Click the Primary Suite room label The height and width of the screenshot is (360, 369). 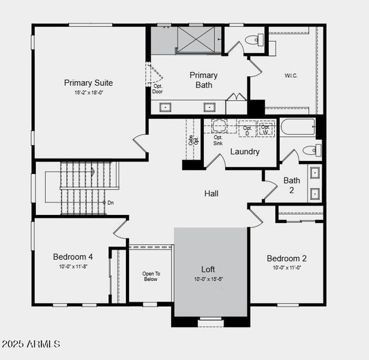(x=88, y=83)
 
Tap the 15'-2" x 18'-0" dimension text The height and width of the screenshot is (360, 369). (x=88, y=93)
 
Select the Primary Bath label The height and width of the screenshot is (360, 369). (x=203, y=80)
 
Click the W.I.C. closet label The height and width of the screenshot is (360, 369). (x=291, y=76)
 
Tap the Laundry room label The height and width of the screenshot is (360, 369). (x=245, y=152)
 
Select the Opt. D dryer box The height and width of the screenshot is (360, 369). (x=247, y=128)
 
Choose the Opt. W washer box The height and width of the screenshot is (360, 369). (x=265, y=128)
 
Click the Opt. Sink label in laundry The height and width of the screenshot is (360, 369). (x=218, y=140)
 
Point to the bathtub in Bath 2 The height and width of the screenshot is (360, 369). (x=298, y=127)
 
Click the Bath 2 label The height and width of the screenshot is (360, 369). (x=292, y=185)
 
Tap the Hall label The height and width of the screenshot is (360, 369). (x=211, y=194)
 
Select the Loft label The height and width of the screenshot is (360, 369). (x=208, y=269)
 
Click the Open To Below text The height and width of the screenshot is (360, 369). (x=151, y=276)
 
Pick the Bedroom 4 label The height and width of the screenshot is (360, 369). (x=73, y=257)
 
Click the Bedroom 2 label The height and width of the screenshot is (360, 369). (x=287, y=259)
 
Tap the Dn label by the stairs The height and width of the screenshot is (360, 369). (x=110, y=203)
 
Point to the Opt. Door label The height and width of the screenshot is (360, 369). (x=157, y=89)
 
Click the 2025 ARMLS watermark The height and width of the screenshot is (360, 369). (x=31, y=344)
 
